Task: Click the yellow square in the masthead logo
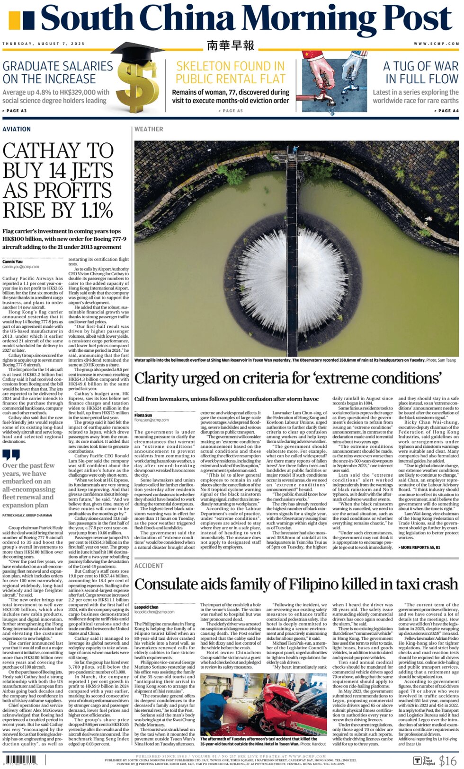coord(14,20)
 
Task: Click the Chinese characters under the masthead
coord(231,45)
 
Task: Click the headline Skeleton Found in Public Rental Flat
coord(231,72)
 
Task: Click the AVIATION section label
coord(17,129)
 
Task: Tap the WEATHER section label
coord(149,129)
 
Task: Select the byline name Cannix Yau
coord(12,262)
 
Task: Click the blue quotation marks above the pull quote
coord(11,455)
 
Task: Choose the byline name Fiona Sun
coord(143,415)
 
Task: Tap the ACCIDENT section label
coord(149,566)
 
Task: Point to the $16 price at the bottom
coord(447,760)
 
